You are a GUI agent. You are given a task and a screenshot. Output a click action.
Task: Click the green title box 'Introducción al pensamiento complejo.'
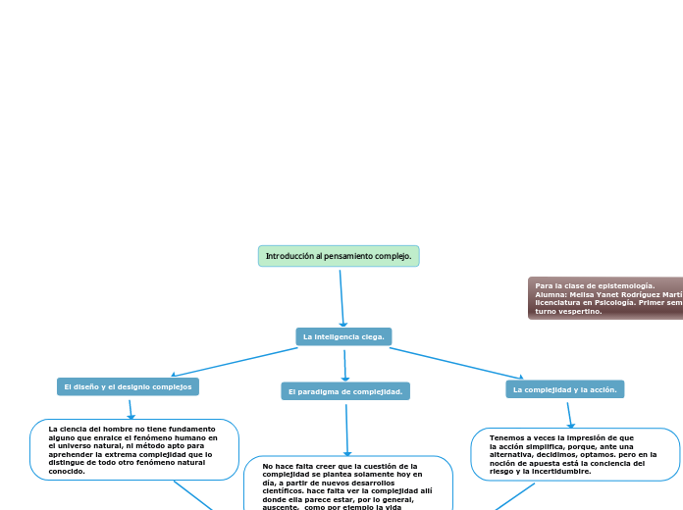[339, 256]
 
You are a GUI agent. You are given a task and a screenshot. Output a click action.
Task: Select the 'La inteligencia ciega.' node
[343, 336]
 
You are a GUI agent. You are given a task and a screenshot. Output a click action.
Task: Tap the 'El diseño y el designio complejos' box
[128, 386]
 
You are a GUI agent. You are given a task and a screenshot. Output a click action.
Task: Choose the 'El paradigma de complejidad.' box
[345, 391]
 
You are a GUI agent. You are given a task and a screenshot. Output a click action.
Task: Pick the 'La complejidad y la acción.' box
[564, 389]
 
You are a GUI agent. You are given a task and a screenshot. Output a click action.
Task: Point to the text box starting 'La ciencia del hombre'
[133, 449]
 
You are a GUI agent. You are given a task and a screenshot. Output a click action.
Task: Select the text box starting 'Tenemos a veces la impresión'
[575, 454]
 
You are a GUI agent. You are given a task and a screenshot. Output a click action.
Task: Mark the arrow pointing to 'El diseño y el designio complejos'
[236, 361]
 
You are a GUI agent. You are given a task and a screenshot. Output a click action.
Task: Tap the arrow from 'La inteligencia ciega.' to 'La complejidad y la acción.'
[456, 361]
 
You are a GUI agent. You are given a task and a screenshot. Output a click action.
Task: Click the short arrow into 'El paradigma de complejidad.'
[345, 365]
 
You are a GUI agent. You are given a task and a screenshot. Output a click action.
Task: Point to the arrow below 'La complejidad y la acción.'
[570, 413]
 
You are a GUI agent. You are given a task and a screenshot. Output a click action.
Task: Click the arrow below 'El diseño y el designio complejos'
[131, 408]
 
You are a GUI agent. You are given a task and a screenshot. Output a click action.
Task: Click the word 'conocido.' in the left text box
[67, 472]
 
